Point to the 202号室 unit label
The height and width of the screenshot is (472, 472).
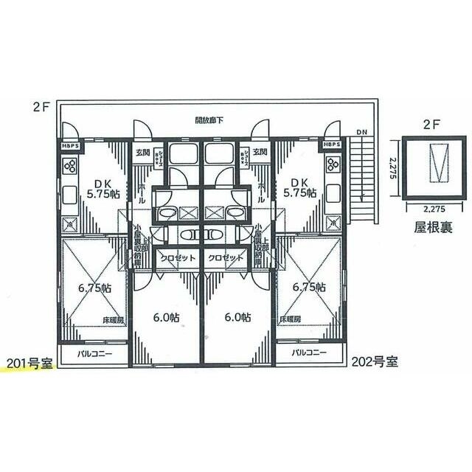click(x=375, y=362)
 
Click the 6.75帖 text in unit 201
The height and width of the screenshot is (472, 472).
click(x=96, y=288)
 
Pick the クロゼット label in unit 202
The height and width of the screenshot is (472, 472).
click(x=226, y=259)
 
